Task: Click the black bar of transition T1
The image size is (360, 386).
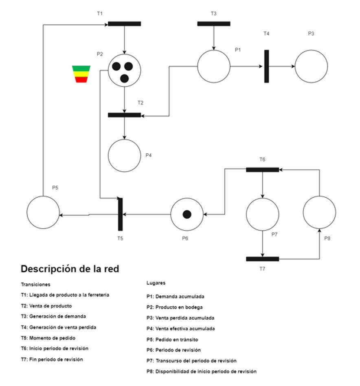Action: coord(124,24)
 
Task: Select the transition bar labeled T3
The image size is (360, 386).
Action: coord(213,24)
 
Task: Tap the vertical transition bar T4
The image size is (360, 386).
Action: coord(266,66)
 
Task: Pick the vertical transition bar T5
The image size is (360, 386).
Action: coord(120,214)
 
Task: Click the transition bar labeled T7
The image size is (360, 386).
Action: coord(262,259)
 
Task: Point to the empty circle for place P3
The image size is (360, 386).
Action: coord(311,66)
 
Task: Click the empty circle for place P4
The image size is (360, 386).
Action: coord(124,155)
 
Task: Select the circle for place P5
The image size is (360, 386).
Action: coord(43,212)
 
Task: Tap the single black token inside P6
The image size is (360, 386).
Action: coord(187,214)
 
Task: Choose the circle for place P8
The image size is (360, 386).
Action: coord(319,212)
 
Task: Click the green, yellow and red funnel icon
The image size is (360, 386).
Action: coord(81,74)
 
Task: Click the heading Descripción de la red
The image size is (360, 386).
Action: coord(70,269)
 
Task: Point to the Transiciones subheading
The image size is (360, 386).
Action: coord(35,284)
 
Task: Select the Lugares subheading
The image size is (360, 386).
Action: coord(156,283)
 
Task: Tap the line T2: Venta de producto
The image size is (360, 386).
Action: coord(46,306)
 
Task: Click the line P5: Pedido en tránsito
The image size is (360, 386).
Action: coord(172,339)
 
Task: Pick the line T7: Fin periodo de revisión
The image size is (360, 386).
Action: coord(52,359)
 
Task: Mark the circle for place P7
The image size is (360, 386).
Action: coord(262,214)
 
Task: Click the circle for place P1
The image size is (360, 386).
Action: coord(214,66)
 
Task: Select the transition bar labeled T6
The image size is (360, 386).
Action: coord(262,170)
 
